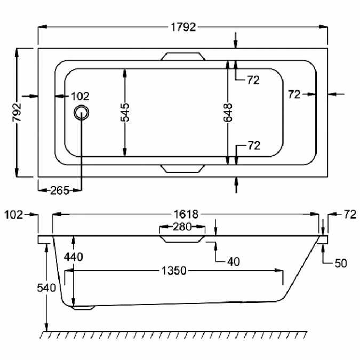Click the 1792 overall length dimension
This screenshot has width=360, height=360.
[183, 27]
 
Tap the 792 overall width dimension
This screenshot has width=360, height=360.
[17, 113]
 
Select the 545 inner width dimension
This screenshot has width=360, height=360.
[125, 113]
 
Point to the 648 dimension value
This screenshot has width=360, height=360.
[228, 113]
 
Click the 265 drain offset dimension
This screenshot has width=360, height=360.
[60, 190]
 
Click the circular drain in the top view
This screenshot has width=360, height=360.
[81, 113]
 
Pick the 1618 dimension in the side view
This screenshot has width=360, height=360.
[186, 214]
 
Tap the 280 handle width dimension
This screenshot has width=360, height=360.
[182, 227]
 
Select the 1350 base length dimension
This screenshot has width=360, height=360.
[174, 271]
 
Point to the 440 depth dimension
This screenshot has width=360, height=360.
[74, 257]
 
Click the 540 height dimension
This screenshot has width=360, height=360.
[46, 287]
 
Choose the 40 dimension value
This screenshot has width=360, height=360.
[234, 261]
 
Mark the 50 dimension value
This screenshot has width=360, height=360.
[341, 263]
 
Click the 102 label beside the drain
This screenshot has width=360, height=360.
[80, 96]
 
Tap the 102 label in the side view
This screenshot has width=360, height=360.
[13, 215]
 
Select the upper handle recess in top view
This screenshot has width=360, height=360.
[183, 57]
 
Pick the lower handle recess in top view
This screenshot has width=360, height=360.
[183, 169]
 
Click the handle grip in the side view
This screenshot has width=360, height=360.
[182, 239]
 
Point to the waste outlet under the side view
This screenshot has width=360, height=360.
[84, 308]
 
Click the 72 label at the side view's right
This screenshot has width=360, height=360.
[350, 215]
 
